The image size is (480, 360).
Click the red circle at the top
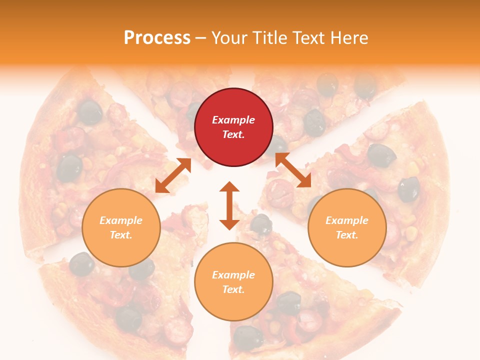(x=233, y=127)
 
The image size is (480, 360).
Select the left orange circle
(x=121, y=227)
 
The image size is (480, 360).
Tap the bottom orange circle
(x=233, y=282)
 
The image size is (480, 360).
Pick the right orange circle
(x=347, y=227)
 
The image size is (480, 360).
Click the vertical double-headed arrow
(x=229, y=205)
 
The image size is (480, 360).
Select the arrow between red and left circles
(x=172, y=175)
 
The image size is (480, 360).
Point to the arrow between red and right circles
(x=293, y=170)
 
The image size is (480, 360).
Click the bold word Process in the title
(x=157, y=38)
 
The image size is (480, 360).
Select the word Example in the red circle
(x=233, y=120)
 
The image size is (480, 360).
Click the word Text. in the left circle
(x=121, y=235)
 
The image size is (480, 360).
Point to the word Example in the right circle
(x=347, y=220)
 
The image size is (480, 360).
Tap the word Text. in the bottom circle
(x=233, y=289)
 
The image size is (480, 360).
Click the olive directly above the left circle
(x=69, y=167)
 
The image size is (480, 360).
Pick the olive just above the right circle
(x=381, y=155)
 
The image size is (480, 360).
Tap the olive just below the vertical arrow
(x=261, y=224)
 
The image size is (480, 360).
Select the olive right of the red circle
(x=314, y=123)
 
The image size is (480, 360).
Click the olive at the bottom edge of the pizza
(x=248, y=337)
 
